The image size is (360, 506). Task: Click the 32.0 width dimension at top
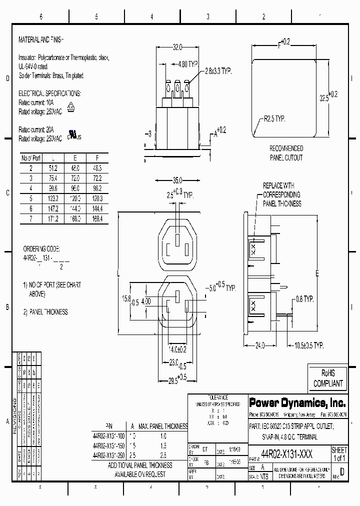tap(177, 47)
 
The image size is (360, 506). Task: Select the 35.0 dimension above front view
tap(177, 180)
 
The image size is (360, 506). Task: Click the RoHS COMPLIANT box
tap(328, 378)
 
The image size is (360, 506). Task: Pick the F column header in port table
tap(97, 158)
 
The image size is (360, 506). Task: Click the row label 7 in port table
tap(30, 219)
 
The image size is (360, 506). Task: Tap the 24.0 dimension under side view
tap(259, 345)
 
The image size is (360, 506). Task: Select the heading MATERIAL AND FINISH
tap(41, 39)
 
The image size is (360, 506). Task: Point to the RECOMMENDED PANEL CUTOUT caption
tap(286, 153)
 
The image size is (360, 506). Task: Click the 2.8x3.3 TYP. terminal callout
tap(218, 72)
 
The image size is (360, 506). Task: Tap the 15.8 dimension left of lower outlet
tap(126, 298)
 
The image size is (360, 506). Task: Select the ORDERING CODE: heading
tap(42, 248)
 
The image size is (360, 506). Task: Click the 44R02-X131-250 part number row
tap(109, 455)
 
